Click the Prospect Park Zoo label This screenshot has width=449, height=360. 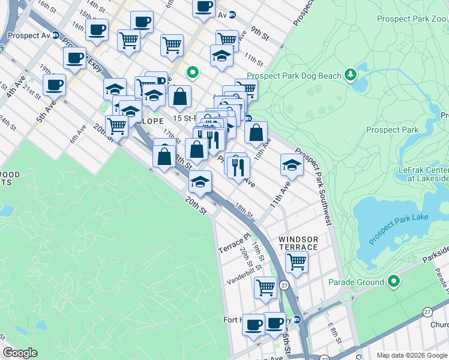pyautogui.click(x=412, y=19)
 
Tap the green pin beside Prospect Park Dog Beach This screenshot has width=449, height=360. pyautogui.click(x=351, y=76)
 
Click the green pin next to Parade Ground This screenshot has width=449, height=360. pyautogui.click(x=394, y=281)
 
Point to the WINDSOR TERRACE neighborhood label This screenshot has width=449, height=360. pyautogui.click(x=298, y=243)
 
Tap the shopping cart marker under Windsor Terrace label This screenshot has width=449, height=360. pyautogui.click(x=297, y=261)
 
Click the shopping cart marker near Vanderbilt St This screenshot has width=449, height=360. pyautogui.click(x=265, y=287)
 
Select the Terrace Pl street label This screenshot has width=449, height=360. pyautogui.click(x=232, y=242)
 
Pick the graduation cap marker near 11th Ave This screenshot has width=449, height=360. pyautogui.click(x=292, y=164)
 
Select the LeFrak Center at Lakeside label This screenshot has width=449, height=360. pyautogui.click(x=424, y=174)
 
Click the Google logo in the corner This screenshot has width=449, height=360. pyautogui.click(x=20, y=353)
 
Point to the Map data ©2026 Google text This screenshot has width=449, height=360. pyautogui.click(x=411, y=355)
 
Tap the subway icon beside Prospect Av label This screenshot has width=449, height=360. pyautogui.click(x=56, y=35)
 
